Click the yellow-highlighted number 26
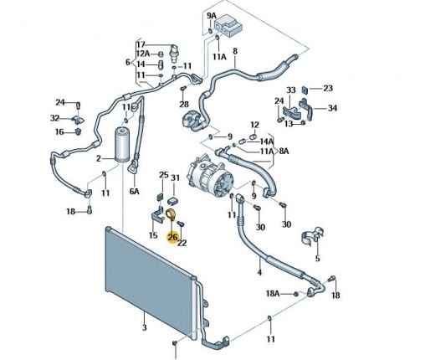pyautogui.click(x=172, y=237)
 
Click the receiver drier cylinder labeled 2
pyautogui.click(x=122, y=145)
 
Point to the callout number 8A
pyautogui.click(x=284, y=152)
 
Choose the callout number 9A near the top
pyautogui.click(x=212, y=16)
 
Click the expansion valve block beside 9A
pyautogui.click(x=228, y=26)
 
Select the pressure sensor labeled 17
pyautogui.click(x=174, y=54)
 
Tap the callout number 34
pyautogui.click(x=332, y=108)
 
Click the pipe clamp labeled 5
pyautogui.click(x=312, y=237)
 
